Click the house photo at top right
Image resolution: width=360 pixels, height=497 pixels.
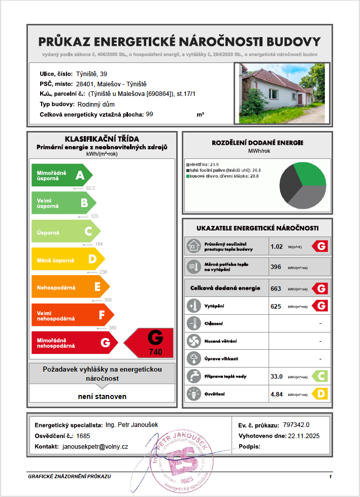coord(282,93)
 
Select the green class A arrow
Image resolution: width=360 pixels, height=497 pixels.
coord(61,176)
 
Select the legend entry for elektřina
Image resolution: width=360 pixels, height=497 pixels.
coord(203,164)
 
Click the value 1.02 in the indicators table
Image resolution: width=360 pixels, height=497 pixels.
coord(277,247)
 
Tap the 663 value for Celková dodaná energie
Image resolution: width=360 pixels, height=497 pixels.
coord(276,288)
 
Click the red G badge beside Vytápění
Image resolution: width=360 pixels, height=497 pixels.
coord(319,306)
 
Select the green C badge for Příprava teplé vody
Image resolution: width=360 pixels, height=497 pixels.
coord(319,376)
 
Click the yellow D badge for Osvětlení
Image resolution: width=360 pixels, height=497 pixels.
coord(319,393)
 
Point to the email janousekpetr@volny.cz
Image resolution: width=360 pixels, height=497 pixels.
coord(95,446)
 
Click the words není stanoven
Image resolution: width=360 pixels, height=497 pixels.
coord(102,396)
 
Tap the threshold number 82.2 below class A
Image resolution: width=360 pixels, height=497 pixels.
coord(90,188)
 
